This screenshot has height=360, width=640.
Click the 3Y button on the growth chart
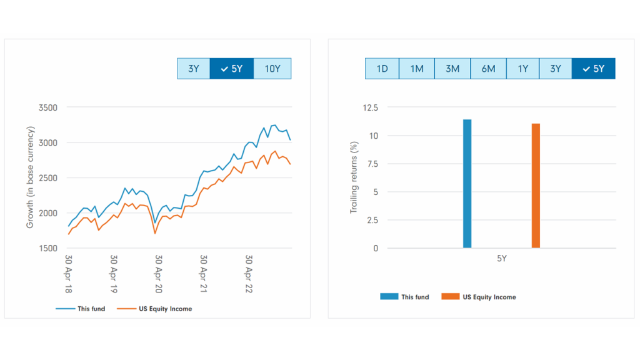(x=193, y=69)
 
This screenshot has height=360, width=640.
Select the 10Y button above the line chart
(x=272, y=69)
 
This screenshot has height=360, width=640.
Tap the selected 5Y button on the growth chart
(x=231, y=69)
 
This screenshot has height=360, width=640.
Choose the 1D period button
(x=382, y=69)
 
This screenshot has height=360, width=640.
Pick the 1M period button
(x=417, y=69)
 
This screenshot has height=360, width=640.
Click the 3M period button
(x=452, y=69)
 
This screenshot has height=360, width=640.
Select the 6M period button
(x=488, y=69)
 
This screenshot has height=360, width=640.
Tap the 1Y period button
(x=522, y=69)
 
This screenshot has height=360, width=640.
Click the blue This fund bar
(x=467, y=184)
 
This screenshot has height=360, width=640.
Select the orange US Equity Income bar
(x=536, y=186)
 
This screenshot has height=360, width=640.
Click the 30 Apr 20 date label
(x=159, y=274)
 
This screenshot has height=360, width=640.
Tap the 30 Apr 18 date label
(x=69, y=274)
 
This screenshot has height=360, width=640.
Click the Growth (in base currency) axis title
(x=30, y=177)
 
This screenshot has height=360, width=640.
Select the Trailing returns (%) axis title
(x=354, y=177)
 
